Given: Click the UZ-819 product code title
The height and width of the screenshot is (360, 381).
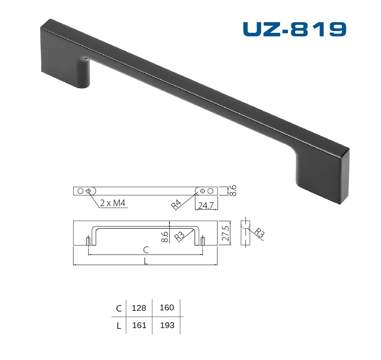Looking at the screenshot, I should (x=294, y=29).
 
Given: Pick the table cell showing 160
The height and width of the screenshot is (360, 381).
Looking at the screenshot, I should (x=167, y=308).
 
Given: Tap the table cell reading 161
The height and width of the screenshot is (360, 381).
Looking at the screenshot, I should (x=139, y=325).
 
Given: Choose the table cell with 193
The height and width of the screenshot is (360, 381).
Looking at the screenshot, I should (x=167, y=325).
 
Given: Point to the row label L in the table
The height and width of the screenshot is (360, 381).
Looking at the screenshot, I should (x=119, y=326).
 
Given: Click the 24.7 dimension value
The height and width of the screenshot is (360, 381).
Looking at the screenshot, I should (x=206, y=205).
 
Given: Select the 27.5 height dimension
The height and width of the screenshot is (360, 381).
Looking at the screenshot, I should (x=225, y=232).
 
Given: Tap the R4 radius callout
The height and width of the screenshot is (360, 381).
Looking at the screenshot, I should (x=177, y=204).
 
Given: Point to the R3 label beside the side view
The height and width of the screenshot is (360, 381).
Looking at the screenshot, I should (x=259, y=232).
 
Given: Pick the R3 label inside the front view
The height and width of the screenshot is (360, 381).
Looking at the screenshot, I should (x=179, y=235).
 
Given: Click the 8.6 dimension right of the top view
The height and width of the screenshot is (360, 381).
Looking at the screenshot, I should (x=233, y=191).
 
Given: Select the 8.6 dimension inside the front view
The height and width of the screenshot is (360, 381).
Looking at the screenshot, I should (x=165, y=237).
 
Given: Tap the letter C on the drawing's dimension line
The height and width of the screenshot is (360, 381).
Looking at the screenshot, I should (x=146, y=250).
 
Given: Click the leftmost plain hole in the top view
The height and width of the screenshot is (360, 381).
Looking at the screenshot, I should (x=80, y=191).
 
